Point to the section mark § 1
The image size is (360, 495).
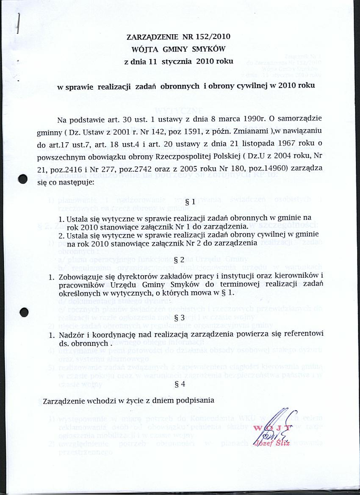click(x=191, y=203)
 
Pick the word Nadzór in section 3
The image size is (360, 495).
click(x=69, y=334)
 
